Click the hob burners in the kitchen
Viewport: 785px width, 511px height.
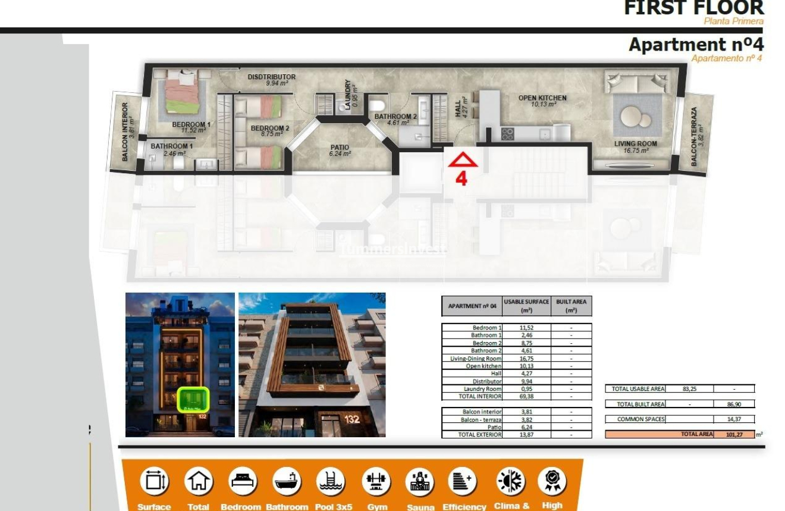click(507, 134)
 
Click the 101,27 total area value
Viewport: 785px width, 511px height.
click(734, 434)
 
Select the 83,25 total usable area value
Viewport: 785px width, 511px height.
click(689, 388)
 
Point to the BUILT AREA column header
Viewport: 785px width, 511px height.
click(571, 306)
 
